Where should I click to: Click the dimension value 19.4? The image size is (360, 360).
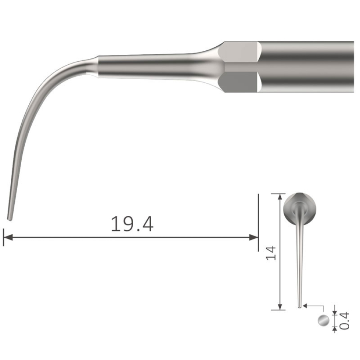132,224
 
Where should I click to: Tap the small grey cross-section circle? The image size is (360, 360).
323,320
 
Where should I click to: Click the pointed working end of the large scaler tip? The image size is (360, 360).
10,218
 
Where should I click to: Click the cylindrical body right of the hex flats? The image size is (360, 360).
308,66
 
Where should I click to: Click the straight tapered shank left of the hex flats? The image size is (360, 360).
152,66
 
